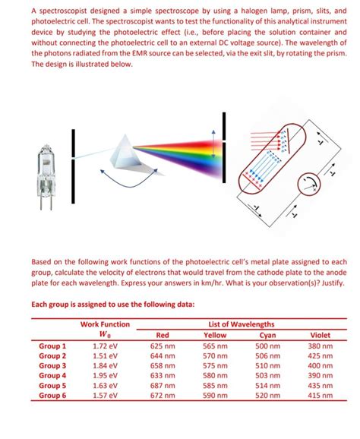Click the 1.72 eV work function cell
point(105,346)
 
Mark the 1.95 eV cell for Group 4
point(105,375)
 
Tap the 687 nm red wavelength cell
point(163,385)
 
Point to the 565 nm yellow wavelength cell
point(215,346)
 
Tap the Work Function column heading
point(105,325)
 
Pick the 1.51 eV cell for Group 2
point(105,355)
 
